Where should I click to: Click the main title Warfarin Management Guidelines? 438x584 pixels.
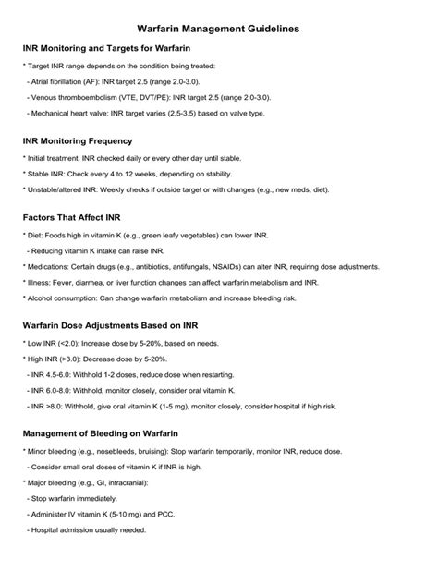click(218, 30)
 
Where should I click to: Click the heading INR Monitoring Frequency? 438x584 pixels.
click(78, 141)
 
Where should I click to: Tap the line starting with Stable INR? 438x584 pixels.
click(128, 174)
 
